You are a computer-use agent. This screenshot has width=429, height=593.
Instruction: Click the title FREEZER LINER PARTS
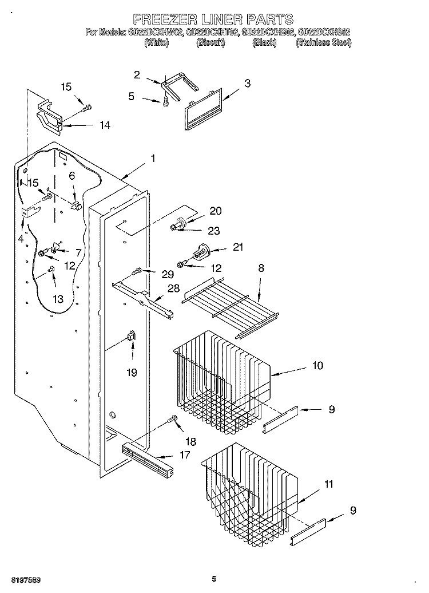point(213,19)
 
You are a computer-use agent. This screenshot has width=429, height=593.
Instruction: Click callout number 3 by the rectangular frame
point(247,84)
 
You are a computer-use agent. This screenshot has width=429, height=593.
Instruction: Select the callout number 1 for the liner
point(152,158)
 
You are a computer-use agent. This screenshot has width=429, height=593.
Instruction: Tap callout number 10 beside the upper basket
point(317,365)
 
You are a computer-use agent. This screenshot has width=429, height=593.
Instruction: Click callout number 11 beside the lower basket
point(328,484)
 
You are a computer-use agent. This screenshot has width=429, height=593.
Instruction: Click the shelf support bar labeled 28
point(143,298)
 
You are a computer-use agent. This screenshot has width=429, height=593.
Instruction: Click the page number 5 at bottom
point(213,579)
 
